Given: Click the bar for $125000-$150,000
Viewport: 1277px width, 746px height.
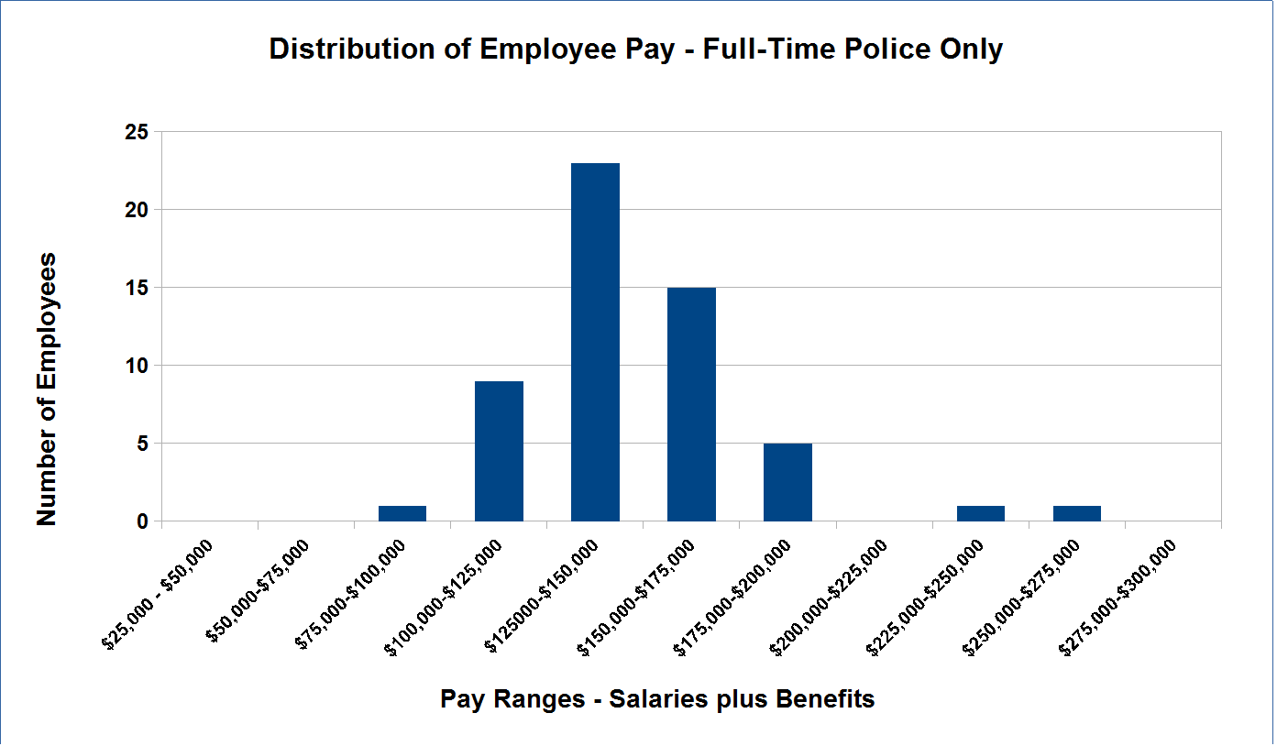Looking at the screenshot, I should tap(595, 342).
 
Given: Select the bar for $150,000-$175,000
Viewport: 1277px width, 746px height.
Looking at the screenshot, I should tap(691, 404).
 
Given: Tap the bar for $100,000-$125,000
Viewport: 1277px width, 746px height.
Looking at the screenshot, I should tap(499, 451).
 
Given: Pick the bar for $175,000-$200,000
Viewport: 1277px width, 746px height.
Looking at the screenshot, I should tap(787, 482).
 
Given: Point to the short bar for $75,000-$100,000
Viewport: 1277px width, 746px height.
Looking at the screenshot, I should tap(402, 513).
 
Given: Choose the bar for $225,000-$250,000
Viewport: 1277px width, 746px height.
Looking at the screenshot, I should tap(980, 513).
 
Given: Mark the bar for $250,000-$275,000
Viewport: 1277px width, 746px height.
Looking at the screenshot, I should tap(1076, 513).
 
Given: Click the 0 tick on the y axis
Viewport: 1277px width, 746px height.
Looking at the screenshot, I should tap(142, 522).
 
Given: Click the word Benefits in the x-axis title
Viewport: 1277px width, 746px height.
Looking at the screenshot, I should tap(825, 700).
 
